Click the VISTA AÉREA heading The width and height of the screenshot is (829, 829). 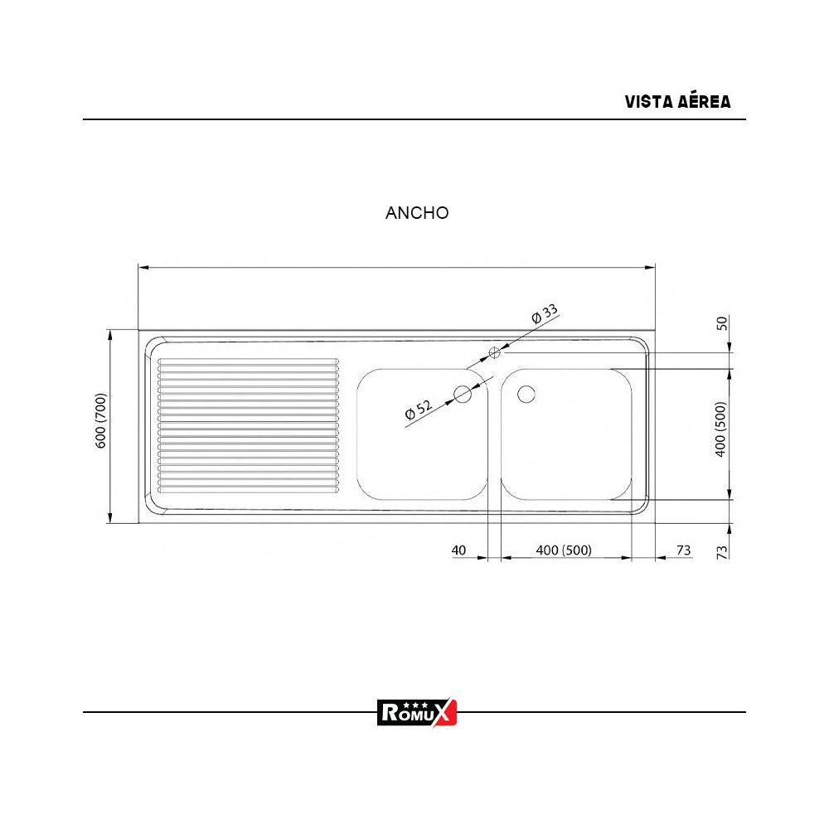[x=677, y=102]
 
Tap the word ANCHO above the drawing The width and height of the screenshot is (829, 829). [x=417, y=213]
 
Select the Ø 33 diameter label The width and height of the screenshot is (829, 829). [x=545, y=315]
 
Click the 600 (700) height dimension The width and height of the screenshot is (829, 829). [x=102, y=420]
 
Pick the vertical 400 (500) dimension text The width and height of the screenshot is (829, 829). [x=720, y=429]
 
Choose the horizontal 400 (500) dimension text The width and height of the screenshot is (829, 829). [x=564, y=550]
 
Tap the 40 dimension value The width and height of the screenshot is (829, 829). [x=459, y=550]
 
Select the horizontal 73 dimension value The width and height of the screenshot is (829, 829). [x=684, y=550]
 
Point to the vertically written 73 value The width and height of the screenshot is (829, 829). [x=721, y=550]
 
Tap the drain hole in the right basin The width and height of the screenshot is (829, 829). [x=526, y=394]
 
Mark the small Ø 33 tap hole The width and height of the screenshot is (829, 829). [x=496, y=352]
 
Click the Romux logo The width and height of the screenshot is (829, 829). [x=417, y=712]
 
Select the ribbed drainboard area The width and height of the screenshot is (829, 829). [x=249, y=424]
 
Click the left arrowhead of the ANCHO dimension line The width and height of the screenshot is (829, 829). [x=142, y=267]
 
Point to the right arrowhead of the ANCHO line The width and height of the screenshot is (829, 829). [x=651, y=267]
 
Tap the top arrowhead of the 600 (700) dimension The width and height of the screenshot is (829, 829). [x=109, y=332]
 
